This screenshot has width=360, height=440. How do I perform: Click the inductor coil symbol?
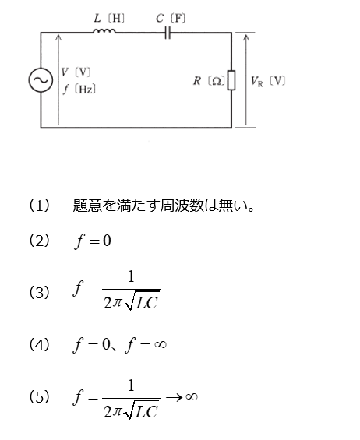point(104,31)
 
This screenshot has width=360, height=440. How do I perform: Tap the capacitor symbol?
point(168,33)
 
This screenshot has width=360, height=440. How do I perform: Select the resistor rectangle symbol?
point(231,80)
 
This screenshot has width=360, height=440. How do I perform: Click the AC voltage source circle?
point(41,80)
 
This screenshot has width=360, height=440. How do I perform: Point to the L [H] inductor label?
point(109,19)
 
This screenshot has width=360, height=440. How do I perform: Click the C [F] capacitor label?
point(171,19)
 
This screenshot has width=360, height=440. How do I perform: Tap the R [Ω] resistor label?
point(209,81)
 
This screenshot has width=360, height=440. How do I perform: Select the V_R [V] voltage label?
point(268,81)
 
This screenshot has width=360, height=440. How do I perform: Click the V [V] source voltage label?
point(76,72)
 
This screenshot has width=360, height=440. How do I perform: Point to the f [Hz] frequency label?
point(79,90)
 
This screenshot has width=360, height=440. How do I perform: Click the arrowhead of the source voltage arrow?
point(58,37)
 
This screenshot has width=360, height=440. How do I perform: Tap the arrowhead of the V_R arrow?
point(246,37)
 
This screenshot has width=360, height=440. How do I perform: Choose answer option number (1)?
point(39,205)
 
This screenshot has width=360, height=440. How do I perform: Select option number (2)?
point(39,241)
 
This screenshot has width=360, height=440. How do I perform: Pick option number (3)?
point(39,292)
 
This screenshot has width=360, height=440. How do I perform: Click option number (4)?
point(39,344)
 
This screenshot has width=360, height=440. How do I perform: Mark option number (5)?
point(39,397)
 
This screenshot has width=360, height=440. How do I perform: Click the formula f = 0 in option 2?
point(93,241)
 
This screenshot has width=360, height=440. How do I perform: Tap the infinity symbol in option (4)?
point(161,344)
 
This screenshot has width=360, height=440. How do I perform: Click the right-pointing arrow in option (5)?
point(174,397)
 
